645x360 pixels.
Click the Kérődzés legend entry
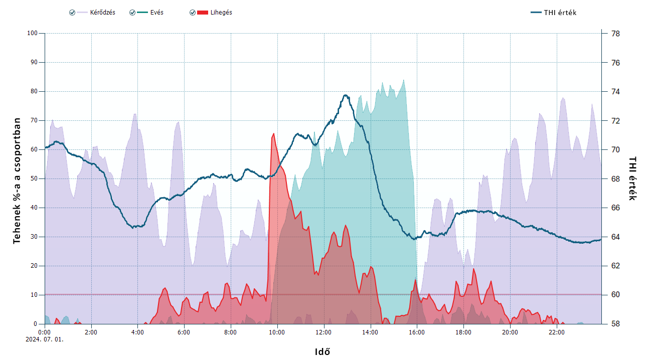tap(102, 13)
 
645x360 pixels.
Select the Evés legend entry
tap(156, 13)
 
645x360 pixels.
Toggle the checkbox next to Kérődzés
tap(72, 13)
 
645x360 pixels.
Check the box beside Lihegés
tap(193, 13)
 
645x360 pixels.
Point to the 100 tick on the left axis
tap(33, 34)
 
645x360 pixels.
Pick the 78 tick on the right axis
tap(615, 34)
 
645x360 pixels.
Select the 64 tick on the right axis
tap(615, 237)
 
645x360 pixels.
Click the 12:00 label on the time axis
tap(324, 332)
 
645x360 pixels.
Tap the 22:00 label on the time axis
tap(556, 332)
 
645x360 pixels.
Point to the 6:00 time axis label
tap(184, 332)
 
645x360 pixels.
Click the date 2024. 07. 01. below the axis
tap(45, 339)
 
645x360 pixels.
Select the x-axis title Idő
tap(322, 351)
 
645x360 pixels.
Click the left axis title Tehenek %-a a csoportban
tap(17, 181)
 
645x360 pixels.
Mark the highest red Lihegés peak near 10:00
tap(273, 133)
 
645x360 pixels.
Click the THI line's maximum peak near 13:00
tap(345, 95)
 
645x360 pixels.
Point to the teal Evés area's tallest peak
tap(403, 80)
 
